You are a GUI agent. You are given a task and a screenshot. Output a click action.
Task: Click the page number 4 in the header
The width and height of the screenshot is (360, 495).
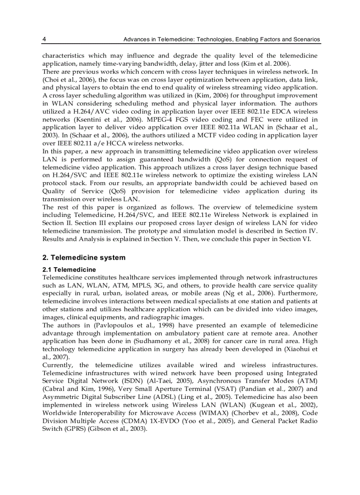(44, 39)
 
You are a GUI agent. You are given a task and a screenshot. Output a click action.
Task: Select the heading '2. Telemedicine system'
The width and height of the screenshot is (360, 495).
(84, 257)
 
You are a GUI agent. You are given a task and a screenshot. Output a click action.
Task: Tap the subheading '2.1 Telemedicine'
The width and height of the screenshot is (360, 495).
(69, 269)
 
